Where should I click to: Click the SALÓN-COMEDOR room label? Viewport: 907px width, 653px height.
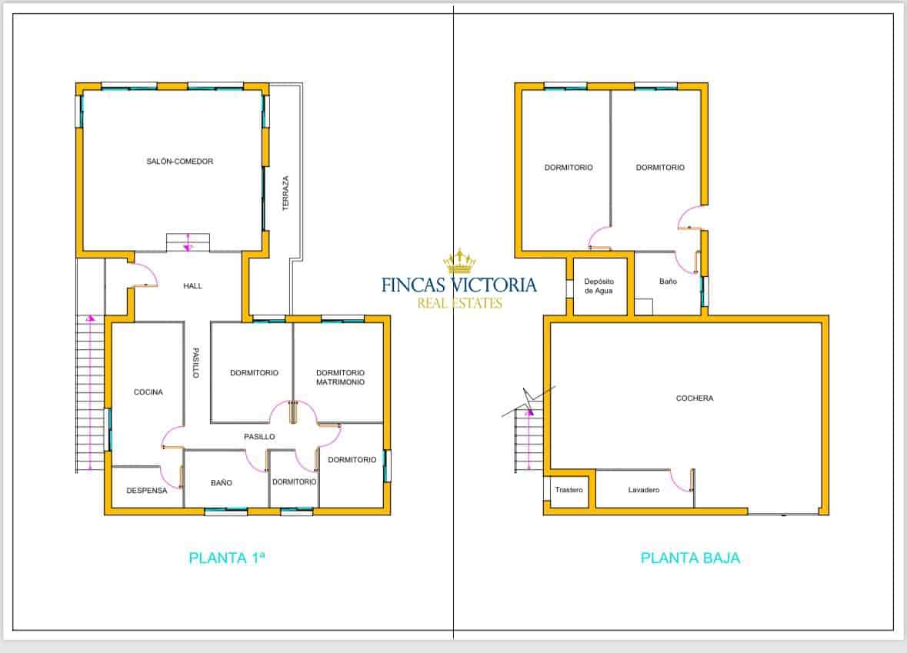pos(179,162)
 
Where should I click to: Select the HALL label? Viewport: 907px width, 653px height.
pos(193,286)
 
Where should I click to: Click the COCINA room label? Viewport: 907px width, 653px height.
pos(148,392)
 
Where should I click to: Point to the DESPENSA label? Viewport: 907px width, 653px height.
pos(146,491)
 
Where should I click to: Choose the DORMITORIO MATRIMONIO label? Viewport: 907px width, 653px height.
pos(340,378)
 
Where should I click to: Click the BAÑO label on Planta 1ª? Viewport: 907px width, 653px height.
pos(222,483)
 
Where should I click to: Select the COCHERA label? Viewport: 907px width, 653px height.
pos(695,398)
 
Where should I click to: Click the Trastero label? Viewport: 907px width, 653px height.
pos(569,490)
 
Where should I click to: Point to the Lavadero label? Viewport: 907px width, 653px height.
pos(643,490)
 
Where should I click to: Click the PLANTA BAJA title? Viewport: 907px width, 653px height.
pos(690,558)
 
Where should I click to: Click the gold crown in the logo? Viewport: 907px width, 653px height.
pos(459,262)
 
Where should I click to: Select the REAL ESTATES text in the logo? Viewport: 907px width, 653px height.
pos(459,304)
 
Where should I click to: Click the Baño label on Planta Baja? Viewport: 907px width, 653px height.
pos(668,282)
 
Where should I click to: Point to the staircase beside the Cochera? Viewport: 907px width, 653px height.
pos(527,442)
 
